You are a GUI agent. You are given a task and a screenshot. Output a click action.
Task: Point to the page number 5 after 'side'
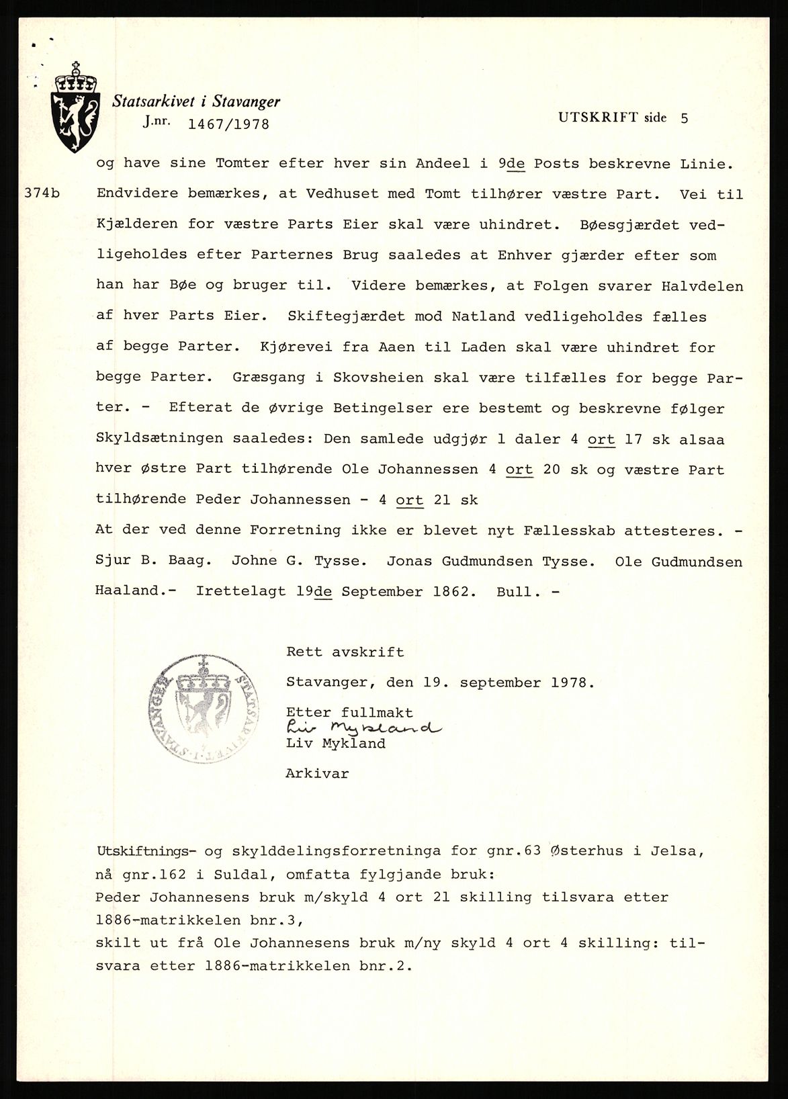684,118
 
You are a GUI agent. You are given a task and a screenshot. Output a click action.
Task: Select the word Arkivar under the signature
317,773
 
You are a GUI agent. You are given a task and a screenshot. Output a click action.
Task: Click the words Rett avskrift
345,652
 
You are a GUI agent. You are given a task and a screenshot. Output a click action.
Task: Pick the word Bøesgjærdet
633,224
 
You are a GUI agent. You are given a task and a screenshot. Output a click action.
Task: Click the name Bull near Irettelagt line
515,592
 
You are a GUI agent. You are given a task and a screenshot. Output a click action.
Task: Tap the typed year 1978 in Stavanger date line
570,683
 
